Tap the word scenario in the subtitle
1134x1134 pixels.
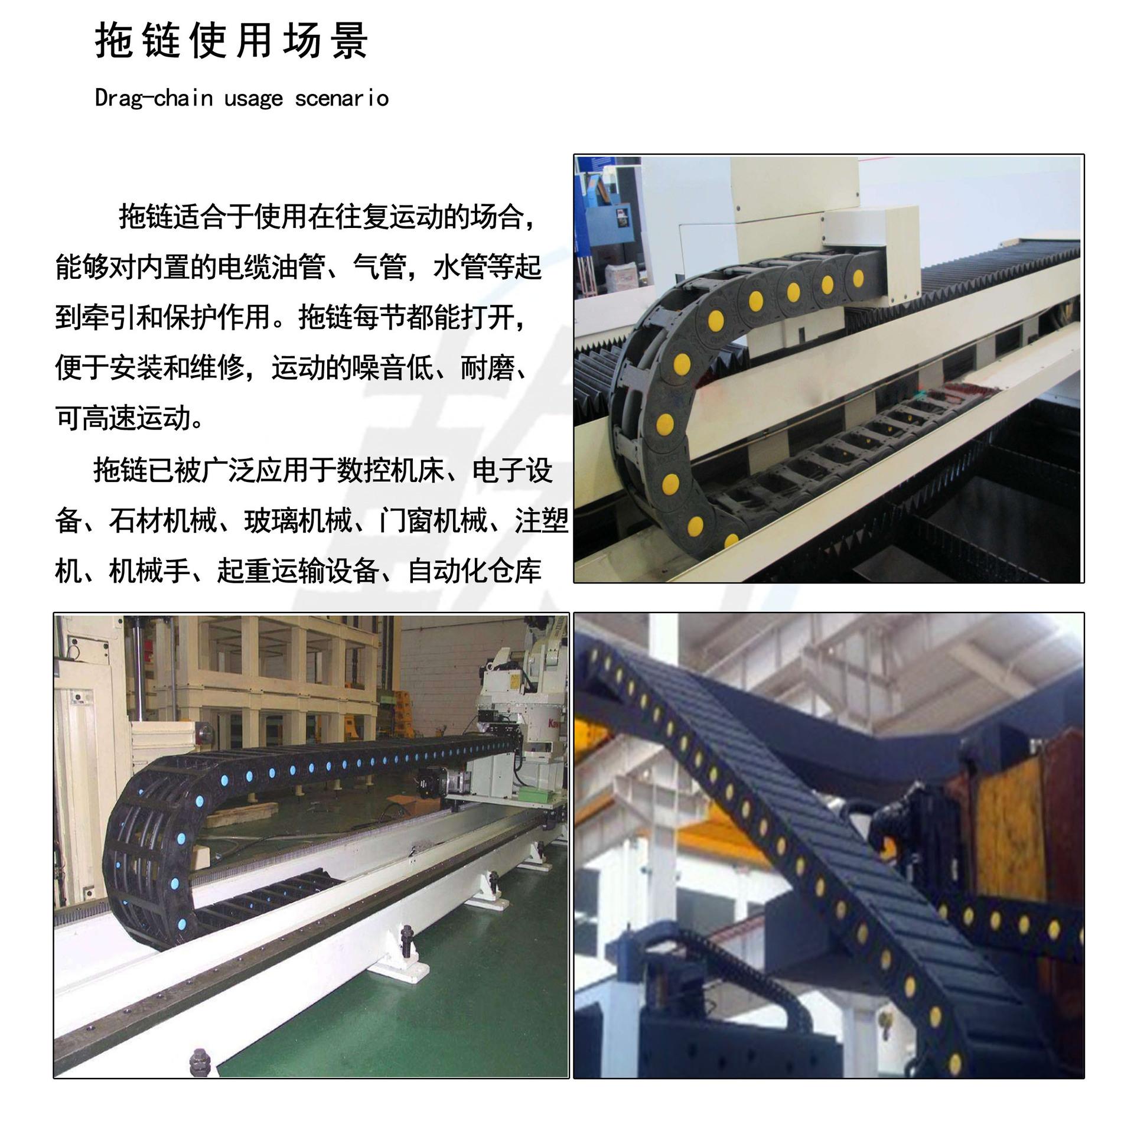point(342,98)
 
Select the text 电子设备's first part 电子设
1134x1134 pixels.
point(513,471)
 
